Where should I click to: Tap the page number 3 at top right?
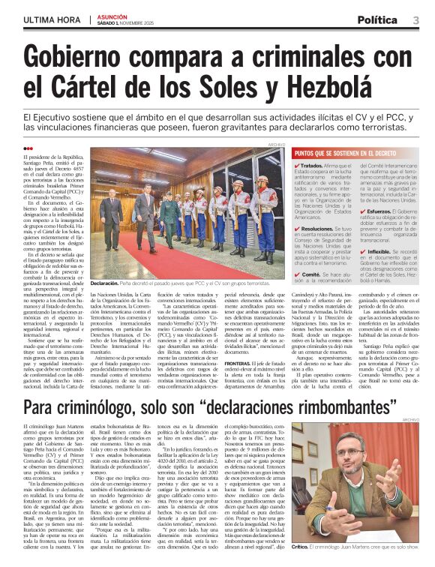415,19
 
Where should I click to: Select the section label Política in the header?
378,19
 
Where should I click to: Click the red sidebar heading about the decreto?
349,153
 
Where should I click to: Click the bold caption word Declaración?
104,283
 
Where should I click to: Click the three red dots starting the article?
28,148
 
